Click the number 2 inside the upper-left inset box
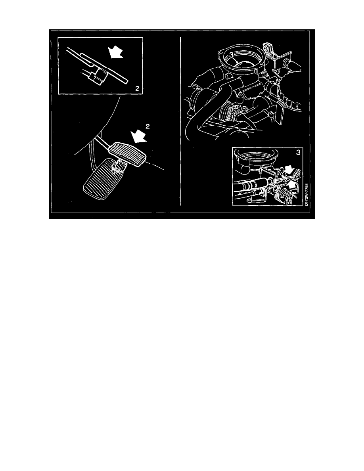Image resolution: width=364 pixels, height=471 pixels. [x=137, y=89]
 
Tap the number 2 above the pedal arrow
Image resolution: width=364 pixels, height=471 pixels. [x=148, y=126]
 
